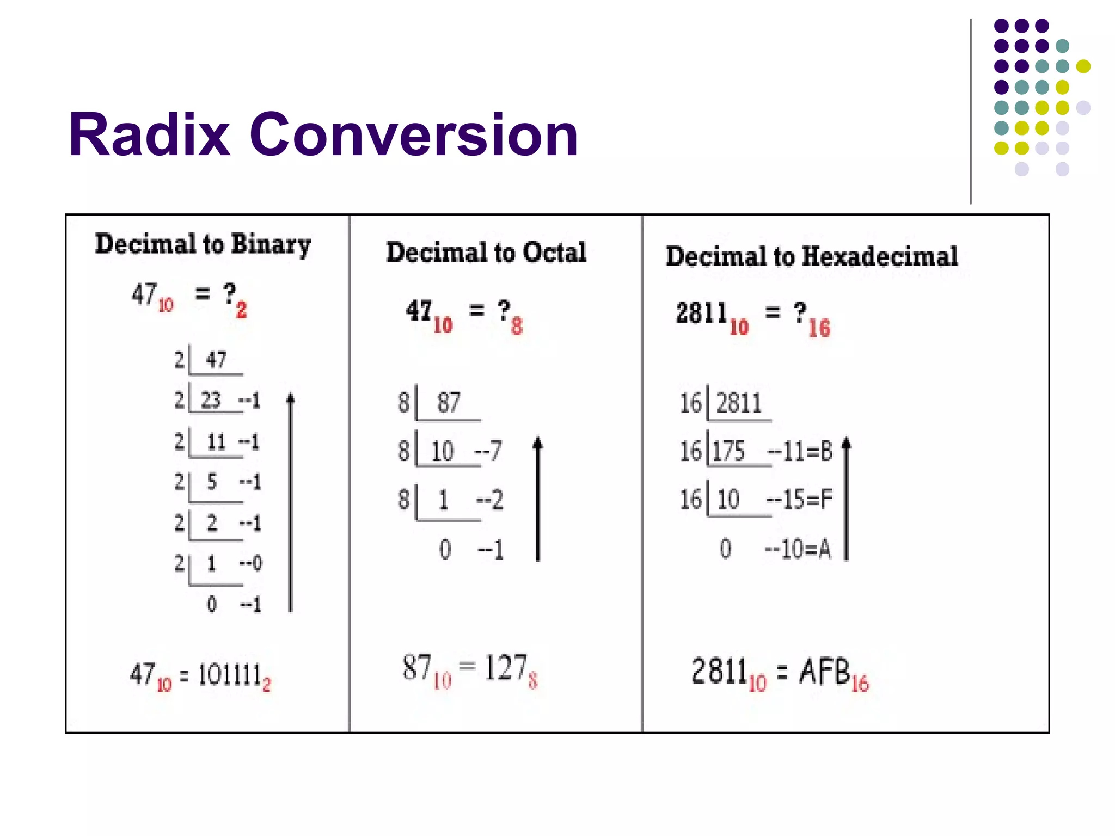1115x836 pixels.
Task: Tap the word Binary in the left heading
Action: tap(271, 244)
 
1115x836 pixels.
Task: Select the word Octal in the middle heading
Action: tap(554, 253)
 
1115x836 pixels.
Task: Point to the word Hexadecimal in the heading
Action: tap(879, 256)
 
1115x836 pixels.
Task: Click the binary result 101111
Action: tap(229, 675)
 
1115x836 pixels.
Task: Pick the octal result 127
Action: tap(505, 668)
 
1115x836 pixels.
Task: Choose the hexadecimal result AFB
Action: tap(824, 671)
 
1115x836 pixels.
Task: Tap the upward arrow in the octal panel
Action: tap(538, 499)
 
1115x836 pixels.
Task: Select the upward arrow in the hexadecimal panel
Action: tap(847, 498)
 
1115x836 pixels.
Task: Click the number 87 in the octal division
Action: tap(449, 403)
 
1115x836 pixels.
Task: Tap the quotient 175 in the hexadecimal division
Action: tap(728, 451)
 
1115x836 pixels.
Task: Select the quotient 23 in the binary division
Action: tap(211, 401)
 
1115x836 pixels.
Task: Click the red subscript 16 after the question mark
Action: tap(819, 329)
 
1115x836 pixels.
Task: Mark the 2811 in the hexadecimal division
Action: tap(739, 403)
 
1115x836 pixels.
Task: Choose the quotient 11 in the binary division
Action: tap(216, 441)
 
